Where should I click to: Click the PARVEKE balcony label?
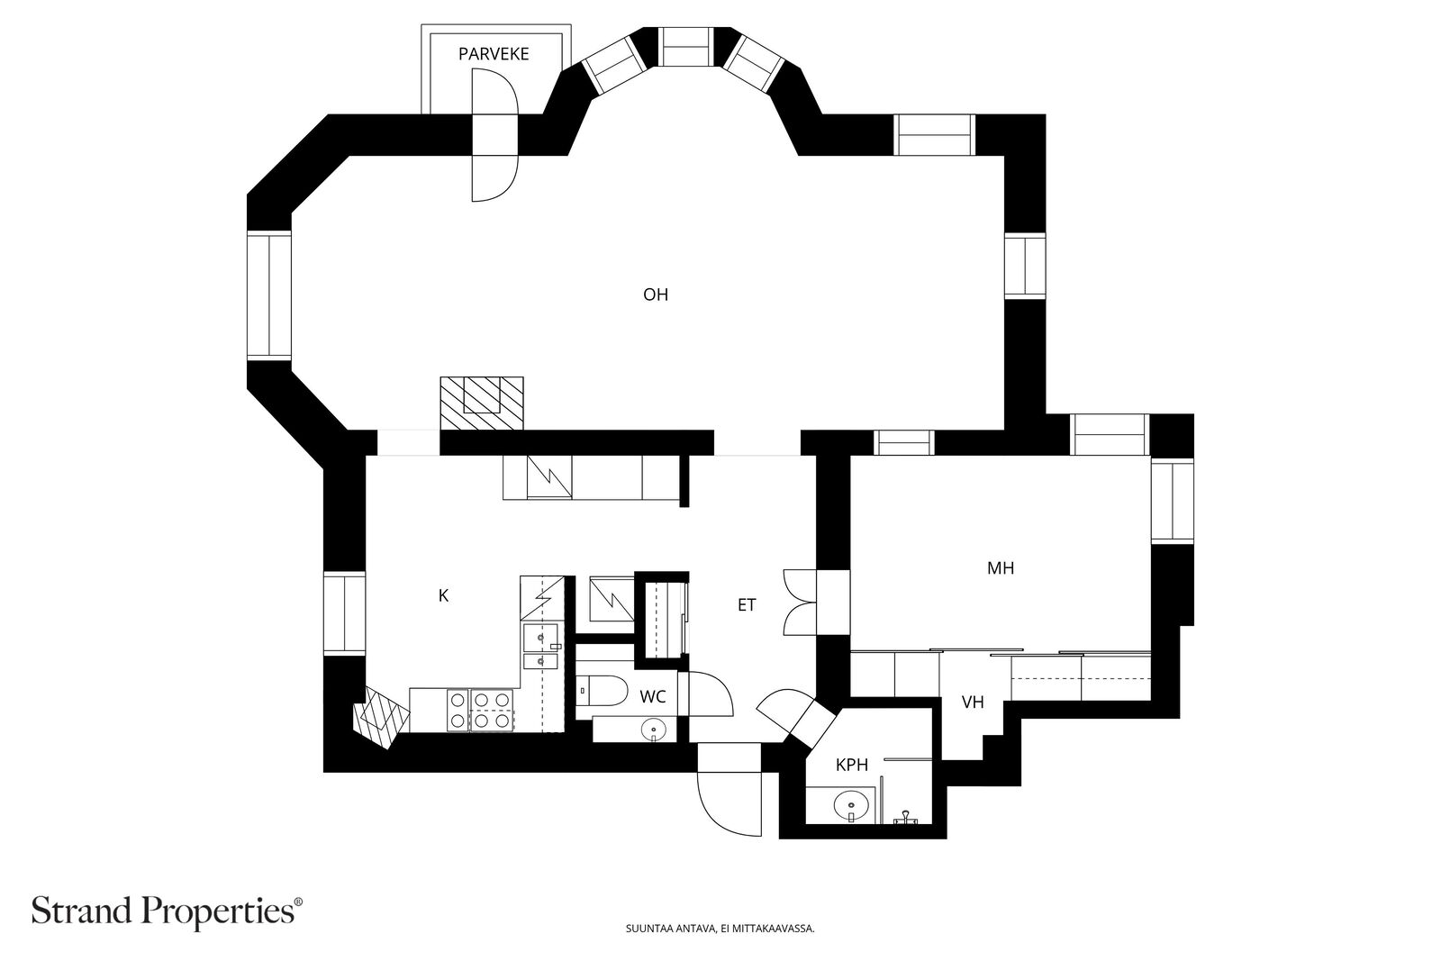[494, 54]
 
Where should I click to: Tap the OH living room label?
[656, 295]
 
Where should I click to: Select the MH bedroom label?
[1001, 568]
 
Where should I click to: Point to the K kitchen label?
[443, 595]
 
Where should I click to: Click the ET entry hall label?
[747, 604]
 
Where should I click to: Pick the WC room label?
[652, 696]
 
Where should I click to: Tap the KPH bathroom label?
[852, 765]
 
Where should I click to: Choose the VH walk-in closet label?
[973, 703]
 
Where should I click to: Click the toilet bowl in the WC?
[603, 691]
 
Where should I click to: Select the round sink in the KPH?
[851, 804]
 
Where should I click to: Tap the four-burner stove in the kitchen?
[482, 710]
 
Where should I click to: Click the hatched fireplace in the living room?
[482, 403]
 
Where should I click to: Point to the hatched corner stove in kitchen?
[381, 717]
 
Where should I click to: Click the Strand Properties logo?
[167, 911]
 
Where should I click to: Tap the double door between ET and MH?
[800, 603]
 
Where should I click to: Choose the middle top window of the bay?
[688, 46]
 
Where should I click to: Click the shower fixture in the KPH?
[906, 817]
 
